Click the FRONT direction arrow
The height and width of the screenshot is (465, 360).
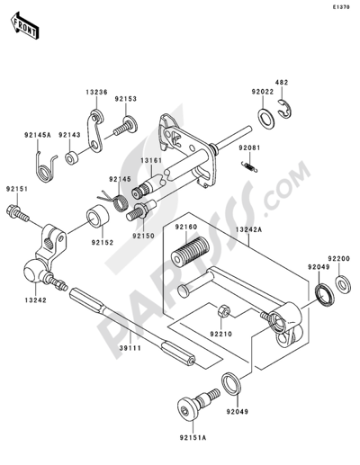pyautogui.click(x=24, y=25)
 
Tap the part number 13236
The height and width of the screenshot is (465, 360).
pyautogui.click(x=96, y=92)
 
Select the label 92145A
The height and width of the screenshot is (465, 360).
pyautogui.click(x=38, y=135)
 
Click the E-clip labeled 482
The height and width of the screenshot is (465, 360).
pyautogui.click(x=284, y=108)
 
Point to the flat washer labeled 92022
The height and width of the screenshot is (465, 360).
pyautogui.click(x=265, y=118)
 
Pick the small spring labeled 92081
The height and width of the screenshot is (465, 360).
pyautogui.click(x=249, y=166)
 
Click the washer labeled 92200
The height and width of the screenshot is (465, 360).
pyautogui.click(x=343, y=284)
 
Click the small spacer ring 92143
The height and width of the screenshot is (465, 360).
pyautogui.click(x=71, y=158)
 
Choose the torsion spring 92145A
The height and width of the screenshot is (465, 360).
pyautogui.click(x=45, y=168)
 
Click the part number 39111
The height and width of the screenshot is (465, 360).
pyautogui.click(x=130, y=348)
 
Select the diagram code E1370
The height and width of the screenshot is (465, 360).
pyautogui.click(x=340, y=7)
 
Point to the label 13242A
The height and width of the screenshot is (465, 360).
pyautogui.click(x=248, y=229)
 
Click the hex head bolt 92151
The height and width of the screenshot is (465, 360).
pyautogui.click(x=17, y=212)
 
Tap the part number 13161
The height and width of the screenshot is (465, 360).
pyautogui.click(x=151, y=160)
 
